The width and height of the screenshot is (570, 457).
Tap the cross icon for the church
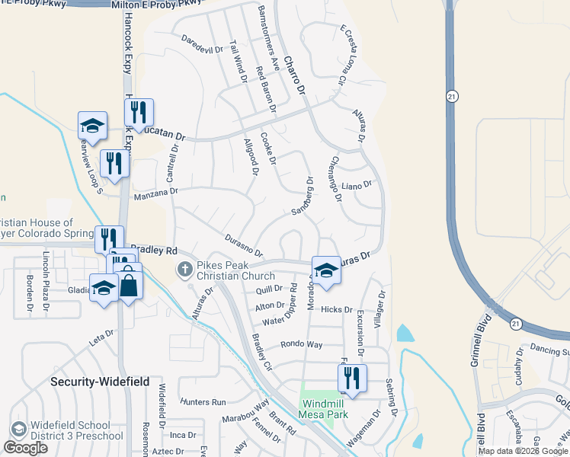184,270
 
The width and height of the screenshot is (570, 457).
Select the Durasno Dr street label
244,245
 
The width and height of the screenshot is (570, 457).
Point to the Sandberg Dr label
302,197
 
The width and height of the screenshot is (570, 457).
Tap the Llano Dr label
356,185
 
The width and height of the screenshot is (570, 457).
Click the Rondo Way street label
302,344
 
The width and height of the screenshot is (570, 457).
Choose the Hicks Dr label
337,310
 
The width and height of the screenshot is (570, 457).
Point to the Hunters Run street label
203,401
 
